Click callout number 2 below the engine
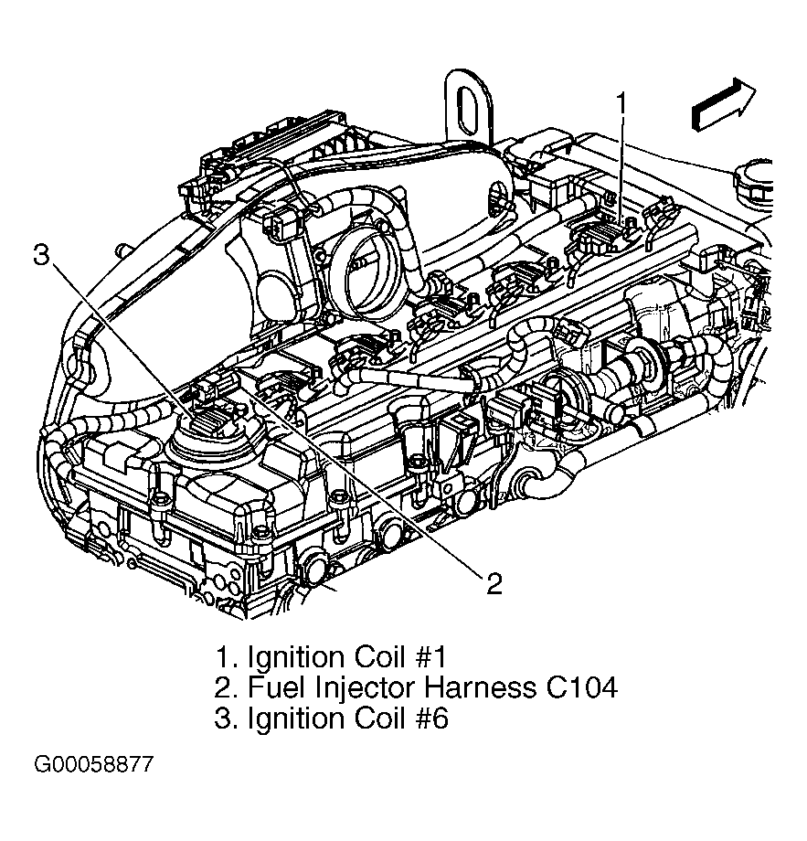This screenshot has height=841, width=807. [494, 583]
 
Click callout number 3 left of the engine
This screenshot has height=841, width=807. [41, 255]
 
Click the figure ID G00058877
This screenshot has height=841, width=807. [94, 764]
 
